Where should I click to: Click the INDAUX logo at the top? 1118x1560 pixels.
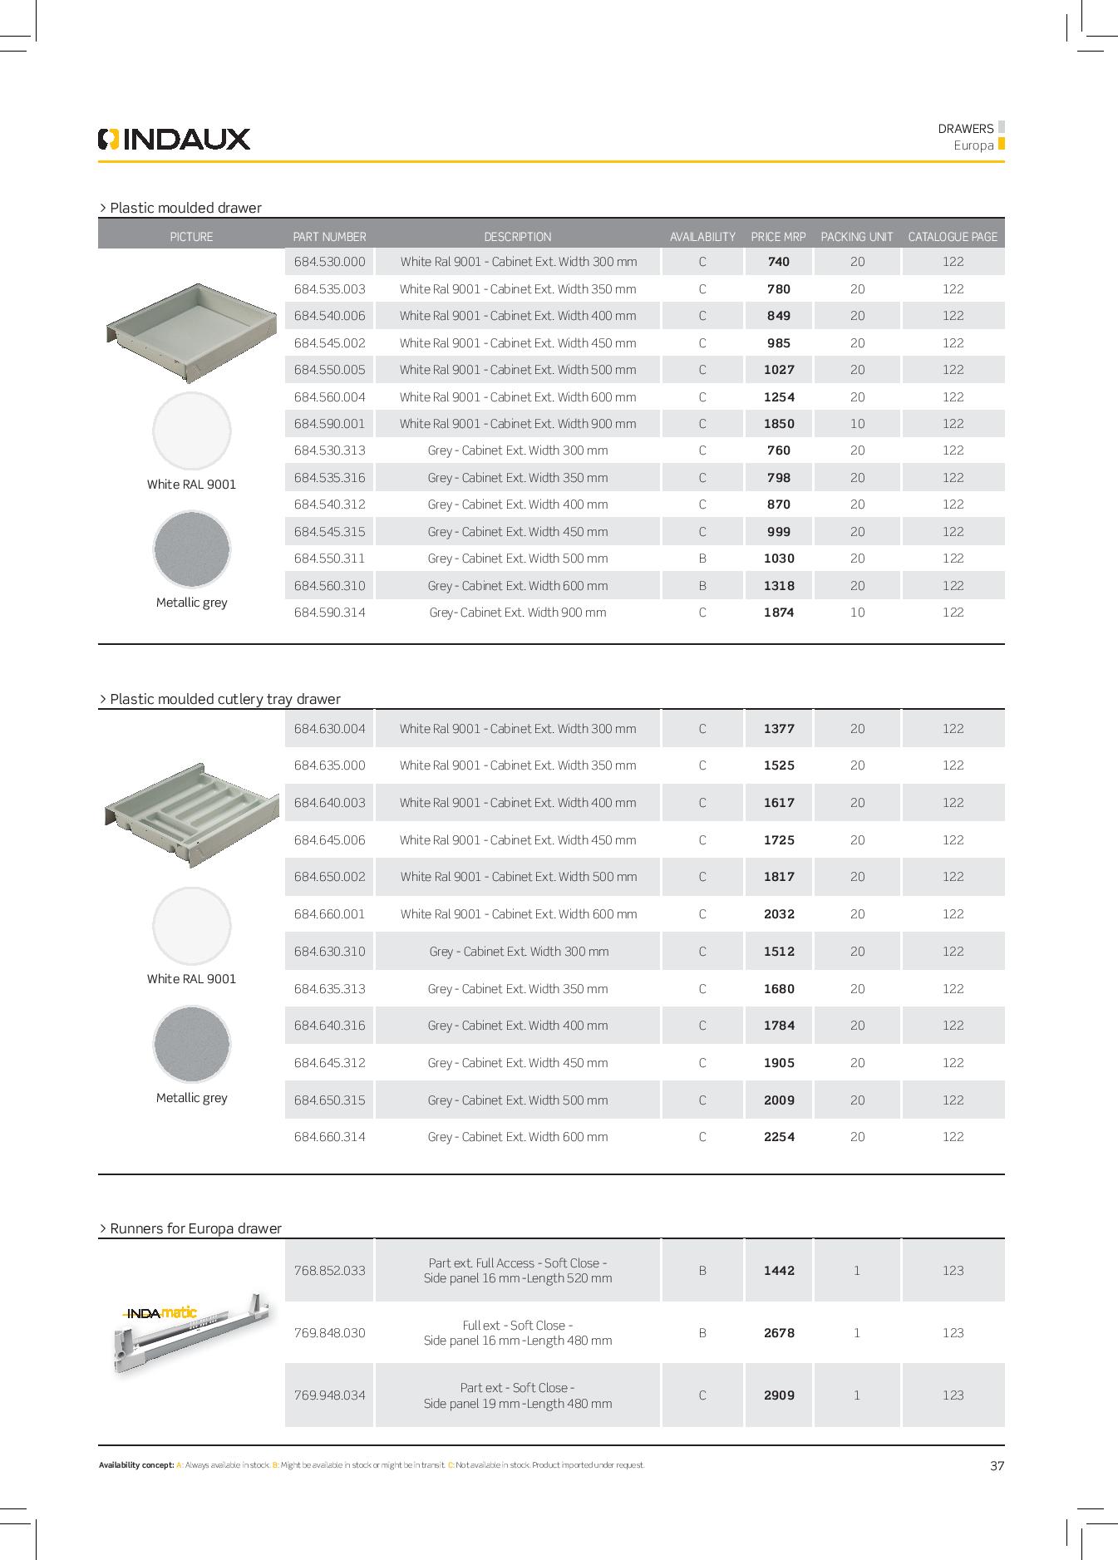point(174,139)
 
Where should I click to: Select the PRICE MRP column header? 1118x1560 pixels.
point(778,237)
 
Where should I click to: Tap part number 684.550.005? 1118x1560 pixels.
point(329,370)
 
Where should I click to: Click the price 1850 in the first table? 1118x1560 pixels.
point(779,424)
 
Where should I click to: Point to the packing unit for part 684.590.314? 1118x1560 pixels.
point(857,613)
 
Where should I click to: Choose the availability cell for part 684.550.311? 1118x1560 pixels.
point(702,559)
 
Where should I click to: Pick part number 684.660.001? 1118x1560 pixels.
point(329,914)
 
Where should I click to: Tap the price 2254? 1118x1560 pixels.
point(779,1137)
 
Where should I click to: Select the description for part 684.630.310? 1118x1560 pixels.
point(518,952)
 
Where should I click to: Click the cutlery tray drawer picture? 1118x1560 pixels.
point(191,814)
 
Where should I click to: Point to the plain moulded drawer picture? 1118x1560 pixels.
point(191,331)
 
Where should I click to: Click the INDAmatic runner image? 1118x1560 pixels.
point(191,1332)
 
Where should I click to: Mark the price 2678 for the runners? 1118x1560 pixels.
point(779,1333)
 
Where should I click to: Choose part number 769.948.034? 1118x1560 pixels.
point(329,1395)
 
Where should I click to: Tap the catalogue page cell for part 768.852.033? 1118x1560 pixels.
point(953,1271)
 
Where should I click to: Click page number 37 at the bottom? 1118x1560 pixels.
point(997,1466)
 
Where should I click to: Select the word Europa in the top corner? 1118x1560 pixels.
point(973,145)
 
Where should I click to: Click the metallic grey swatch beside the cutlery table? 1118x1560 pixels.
point(191,1044)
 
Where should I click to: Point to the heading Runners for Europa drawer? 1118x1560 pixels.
point(195,1228)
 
